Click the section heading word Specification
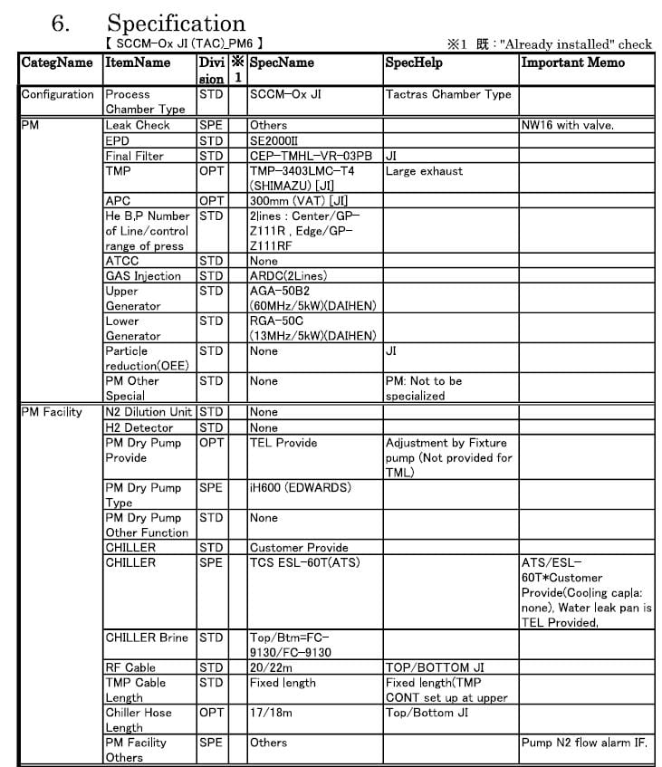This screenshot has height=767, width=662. [x=176, y=23]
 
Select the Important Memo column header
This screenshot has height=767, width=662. [x=572, y=62]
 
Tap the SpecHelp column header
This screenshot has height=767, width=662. [x=414, y=62]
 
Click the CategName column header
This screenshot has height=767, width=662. [x=57, y=62]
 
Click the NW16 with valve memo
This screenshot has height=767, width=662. [x=568, y=125]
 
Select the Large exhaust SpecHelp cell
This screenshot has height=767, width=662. [x=424, y=170]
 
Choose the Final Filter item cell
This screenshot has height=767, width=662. [x=135, y=156]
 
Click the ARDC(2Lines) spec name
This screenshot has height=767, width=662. [x=288, y=275]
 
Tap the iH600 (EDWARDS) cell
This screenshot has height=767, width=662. [x=300, y=487]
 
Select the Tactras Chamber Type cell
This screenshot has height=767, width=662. [x=448, y=94]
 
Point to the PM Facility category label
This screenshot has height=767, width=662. [x=52, y=412]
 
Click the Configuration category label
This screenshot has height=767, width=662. [x=58, y=94]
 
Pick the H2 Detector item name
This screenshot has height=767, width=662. [x=139, y=427]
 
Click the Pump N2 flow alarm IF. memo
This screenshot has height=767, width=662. [x=584, y=743]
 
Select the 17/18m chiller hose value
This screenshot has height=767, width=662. [x=268, y=713]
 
